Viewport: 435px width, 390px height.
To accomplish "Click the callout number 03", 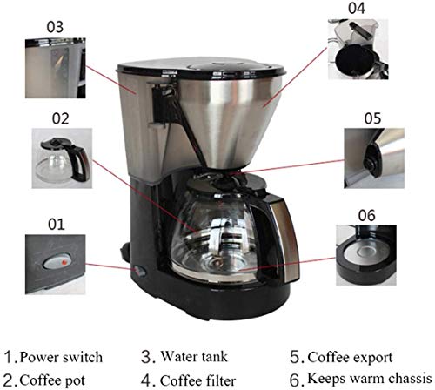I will pos(55,28).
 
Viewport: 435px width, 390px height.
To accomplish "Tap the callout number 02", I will pos(60,115).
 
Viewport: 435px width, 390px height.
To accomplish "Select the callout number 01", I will pos(56,225).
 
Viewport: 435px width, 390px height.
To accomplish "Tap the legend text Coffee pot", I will pos(57,379).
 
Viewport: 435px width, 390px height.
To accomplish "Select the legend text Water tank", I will pos(190,357).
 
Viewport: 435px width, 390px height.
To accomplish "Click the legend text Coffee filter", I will pos(195,379).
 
